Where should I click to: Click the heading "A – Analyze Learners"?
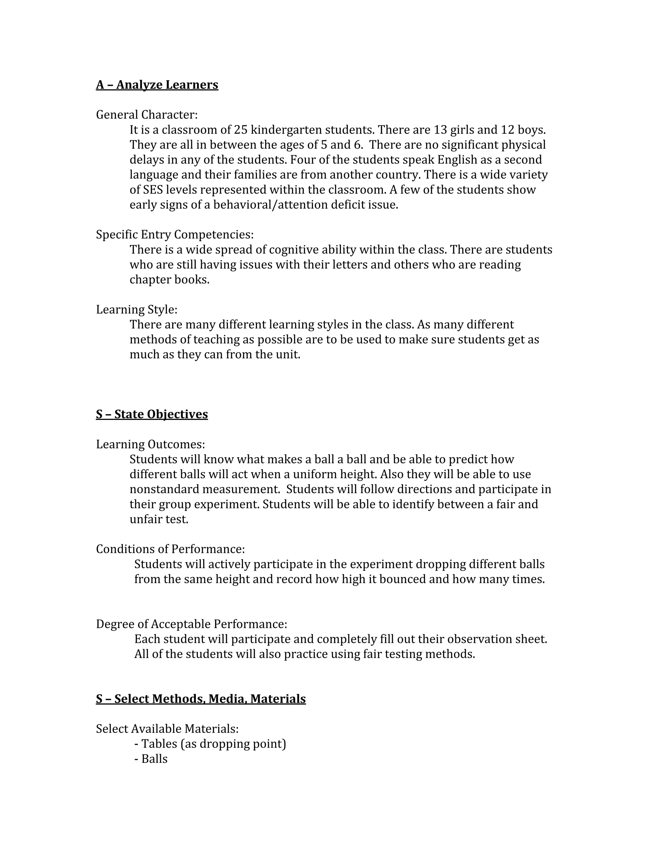[157, 85]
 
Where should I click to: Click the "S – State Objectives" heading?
[152, 414]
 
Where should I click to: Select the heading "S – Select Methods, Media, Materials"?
[201, 699]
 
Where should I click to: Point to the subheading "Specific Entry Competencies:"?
[174, 234]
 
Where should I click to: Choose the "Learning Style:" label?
[137, 310]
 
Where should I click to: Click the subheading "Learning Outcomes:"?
[150, 444]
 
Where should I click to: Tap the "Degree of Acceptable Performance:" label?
[192, 624]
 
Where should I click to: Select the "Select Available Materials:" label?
[167, 729]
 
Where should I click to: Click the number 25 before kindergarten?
[241, 130]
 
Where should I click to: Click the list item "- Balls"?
[151, 759]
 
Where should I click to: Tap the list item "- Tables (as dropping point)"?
[210, 744]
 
